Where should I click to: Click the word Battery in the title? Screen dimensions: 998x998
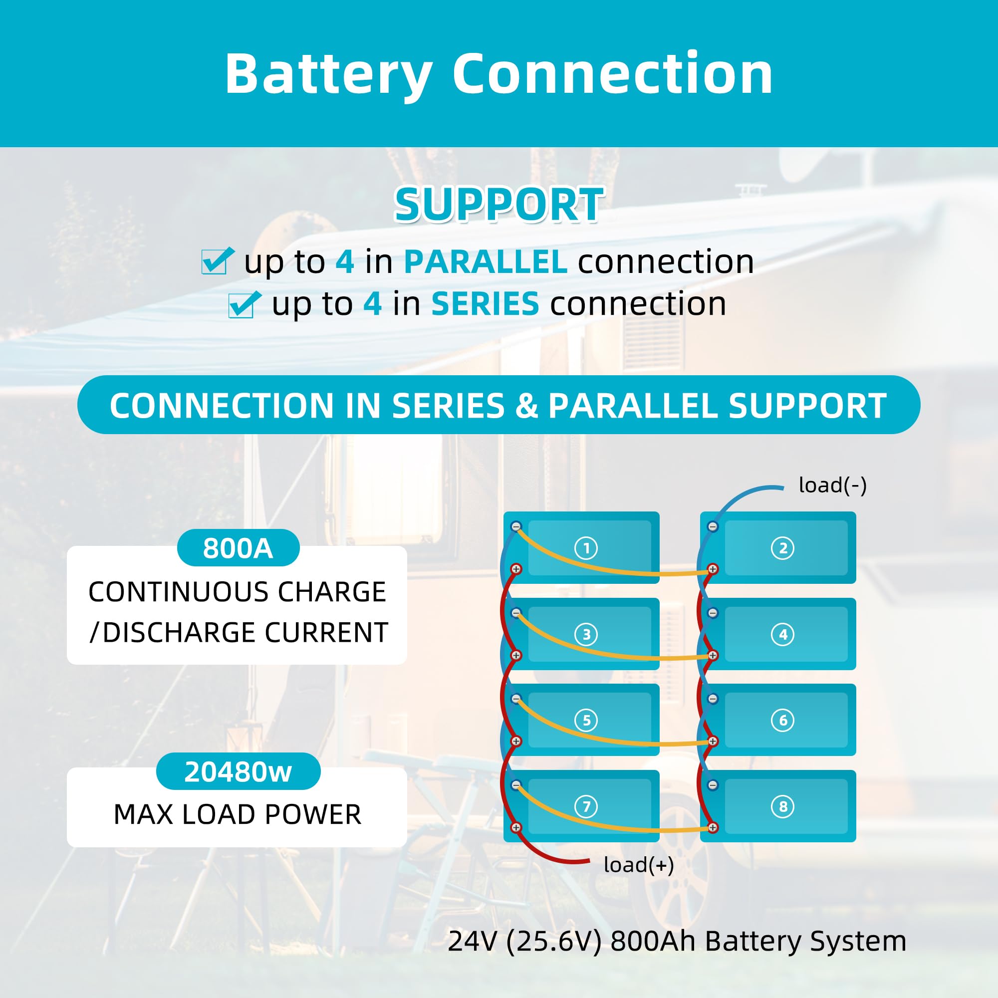coord(328,75)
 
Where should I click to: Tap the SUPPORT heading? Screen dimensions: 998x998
coord(499,205)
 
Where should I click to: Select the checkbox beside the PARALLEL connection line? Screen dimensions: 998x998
coord(216,261)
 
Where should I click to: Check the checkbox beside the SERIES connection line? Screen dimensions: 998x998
coord(243,304)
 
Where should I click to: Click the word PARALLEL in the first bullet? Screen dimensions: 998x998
coord(486,261)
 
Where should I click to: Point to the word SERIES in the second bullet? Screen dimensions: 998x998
coord(485,303)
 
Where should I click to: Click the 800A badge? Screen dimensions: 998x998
coord(238,548)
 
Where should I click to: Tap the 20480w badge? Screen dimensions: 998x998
coord(238,772)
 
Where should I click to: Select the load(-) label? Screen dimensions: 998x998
coord(832,485)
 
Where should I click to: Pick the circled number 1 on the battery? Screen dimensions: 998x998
coord(586,548)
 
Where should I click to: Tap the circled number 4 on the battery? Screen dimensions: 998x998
coord(782,634)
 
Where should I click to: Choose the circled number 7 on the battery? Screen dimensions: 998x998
coord(586,806)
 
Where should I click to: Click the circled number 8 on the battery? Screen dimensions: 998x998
coord(782,806)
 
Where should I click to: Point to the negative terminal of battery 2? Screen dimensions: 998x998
coord(713,527)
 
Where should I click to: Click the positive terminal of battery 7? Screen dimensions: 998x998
coord(515,827)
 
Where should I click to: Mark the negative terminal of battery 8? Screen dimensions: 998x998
coord(713,785)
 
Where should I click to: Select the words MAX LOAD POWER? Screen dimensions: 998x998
coord(237,815)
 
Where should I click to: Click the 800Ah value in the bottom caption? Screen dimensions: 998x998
coord(653,941)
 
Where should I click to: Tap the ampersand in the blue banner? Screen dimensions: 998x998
coord(526,406)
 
